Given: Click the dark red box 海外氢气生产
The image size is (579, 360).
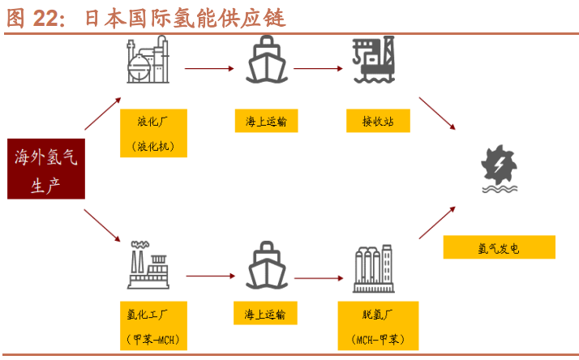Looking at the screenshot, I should click(45, 169).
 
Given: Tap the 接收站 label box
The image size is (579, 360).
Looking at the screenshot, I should click(375, 122).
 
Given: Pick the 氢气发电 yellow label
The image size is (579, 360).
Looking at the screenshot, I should click(499, 247).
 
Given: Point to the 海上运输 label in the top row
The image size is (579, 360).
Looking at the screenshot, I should click(266, 122).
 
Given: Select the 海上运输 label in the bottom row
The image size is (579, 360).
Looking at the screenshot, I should click(266, 313).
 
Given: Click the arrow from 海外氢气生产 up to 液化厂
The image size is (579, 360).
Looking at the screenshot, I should click(103, 113).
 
